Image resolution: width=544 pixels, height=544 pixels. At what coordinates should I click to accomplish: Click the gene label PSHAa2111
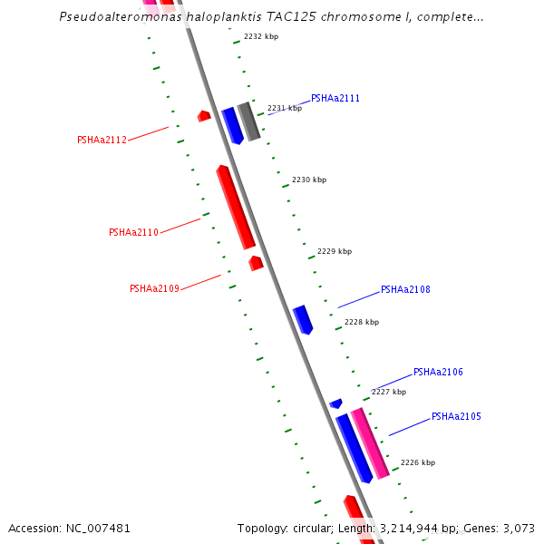tap(335, 98)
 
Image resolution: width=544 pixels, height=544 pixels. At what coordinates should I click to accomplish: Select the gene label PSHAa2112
tap(102, 140)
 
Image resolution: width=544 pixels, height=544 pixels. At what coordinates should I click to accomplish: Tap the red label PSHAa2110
tap(133, 232)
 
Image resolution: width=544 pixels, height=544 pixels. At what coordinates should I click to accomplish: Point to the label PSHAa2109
tap(154, 288)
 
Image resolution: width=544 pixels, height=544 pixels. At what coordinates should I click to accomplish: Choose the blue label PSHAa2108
tap(405, 289)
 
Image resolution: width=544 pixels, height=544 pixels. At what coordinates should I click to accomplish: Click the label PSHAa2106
tap(438, 372)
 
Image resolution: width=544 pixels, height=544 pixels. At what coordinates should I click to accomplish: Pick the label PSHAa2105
tap(456, 416)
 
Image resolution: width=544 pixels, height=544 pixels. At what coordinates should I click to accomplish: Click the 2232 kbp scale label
tap(261, 36)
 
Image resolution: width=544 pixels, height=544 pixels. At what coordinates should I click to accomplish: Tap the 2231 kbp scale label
tap(284, 108)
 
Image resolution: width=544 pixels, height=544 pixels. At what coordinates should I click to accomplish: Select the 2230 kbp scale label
tap(309, 180)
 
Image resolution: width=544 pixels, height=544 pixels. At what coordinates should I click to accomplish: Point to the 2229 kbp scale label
tap(335, 251)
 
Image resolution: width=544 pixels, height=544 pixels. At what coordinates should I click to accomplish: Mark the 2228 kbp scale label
tap(362, 322)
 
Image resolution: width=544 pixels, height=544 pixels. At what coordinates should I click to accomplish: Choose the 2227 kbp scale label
tap(389, 392)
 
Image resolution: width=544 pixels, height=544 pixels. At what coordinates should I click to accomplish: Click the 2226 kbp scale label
tap(418, 462)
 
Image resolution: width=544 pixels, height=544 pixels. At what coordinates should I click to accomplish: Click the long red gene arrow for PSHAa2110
tap(236, 207)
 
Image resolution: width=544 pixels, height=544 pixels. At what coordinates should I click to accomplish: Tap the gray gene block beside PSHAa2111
tap(249, 121)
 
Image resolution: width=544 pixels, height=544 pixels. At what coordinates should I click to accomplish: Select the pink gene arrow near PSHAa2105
tap(371, 442)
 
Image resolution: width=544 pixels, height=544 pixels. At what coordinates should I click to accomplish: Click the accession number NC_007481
tap(97, 528)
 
